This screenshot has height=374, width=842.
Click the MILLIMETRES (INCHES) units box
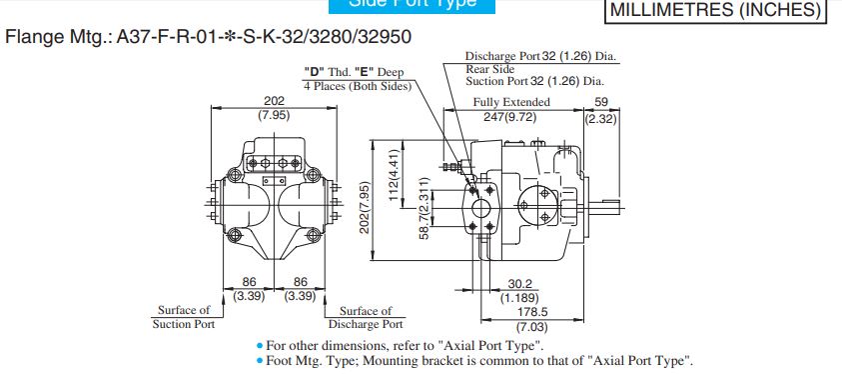717,11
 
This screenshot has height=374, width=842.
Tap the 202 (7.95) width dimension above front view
273,108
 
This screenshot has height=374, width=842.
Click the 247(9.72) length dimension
511,116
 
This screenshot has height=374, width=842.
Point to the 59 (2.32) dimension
600,108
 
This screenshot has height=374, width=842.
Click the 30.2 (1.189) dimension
517,290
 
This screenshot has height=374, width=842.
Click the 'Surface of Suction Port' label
184,317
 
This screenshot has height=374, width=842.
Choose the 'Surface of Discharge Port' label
366,317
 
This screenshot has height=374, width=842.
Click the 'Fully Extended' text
511,102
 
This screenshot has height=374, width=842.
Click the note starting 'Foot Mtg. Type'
474,361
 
